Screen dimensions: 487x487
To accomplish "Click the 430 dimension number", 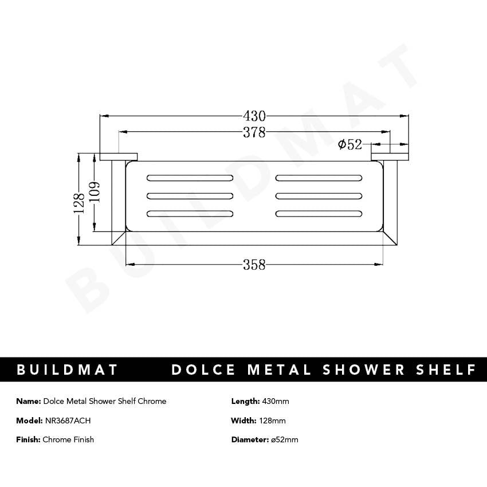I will [x=254, y=116].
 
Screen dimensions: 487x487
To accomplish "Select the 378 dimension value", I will [x=254, y=132].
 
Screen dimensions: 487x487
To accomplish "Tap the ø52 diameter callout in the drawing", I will [x=349, y=144].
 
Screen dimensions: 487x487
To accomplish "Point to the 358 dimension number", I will [x=254, y=265].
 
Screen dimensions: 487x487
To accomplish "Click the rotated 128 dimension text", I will [x=80, y=202].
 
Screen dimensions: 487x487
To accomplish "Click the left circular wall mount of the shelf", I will [x=119, y=156].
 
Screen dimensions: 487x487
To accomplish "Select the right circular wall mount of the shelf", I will [x=390, y=156].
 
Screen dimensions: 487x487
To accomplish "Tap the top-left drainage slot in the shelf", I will [x=190, y=176].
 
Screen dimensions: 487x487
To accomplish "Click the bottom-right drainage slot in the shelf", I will [x=319, y=214].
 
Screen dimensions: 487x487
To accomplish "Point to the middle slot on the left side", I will [x=190, y=195].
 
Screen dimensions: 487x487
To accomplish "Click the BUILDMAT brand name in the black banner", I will [x=68, y=370].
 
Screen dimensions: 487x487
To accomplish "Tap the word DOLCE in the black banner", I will [x=203, y=370].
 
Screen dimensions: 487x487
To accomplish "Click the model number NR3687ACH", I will [x=68, y=421].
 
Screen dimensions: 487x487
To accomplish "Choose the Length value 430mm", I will [x=276, y=401].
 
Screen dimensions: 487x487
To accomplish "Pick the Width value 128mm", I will [x=273, y=421].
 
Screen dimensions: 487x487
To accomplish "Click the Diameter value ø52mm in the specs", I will [x=284, y=439].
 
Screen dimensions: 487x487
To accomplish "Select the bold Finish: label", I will [x=28, y=439].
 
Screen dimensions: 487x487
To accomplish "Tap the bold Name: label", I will [x=29, y=401].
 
